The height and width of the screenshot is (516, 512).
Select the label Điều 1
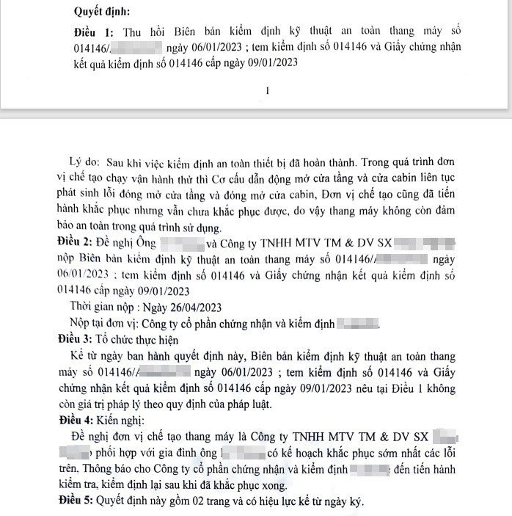point(94,34)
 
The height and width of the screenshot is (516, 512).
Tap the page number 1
point(268,90)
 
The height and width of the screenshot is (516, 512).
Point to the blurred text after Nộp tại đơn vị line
point(356,322)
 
